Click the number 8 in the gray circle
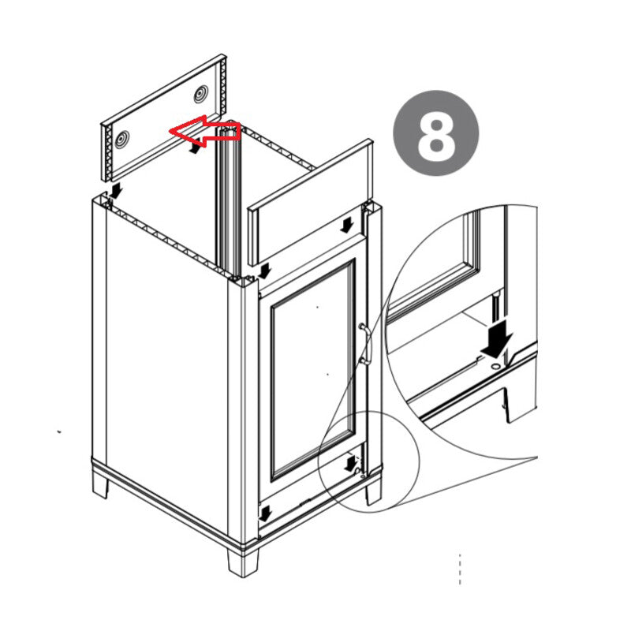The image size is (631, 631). click(x=436, y=133)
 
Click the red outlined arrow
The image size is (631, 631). click(x=205, y=131)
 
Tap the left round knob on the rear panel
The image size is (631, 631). click(x=122, y=140)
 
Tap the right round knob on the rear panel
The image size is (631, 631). click(x=201, y=94)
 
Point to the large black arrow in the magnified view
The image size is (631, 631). click(x=497, y=338)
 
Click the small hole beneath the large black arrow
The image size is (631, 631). click(x=495, y=366)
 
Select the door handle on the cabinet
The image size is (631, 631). click(x=366, y=344)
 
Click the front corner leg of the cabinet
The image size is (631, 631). click(x=242, y=562)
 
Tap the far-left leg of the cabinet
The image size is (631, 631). click(x=101, y=485)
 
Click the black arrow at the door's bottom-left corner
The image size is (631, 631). click(x=266, y=513)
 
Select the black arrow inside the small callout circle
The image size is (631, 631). click(x=351, y=464)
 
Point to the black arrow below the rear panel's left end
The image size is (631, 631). click(x=116, y=191)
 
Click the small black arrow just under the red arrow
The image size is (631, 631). click(x=195, y=147)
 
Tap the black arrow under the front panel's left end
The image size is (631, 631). click(x=264, y=271)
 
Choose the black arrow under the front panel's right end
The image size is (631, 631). click(x=346, y=225)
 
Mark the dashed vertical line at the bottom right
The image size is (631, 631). click(x=460, y=569)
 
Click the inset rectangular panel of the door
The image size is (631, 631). click(x=313, y=369)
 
